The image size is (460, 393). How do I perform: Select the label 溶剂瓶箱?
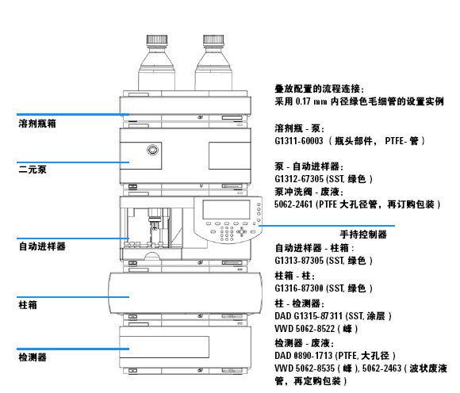37,124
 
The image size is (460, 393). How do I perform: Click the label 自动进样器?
42,246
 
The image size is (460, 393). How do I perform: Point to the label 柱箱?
27,304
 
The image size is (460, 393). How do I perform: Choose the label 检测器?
33,357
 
